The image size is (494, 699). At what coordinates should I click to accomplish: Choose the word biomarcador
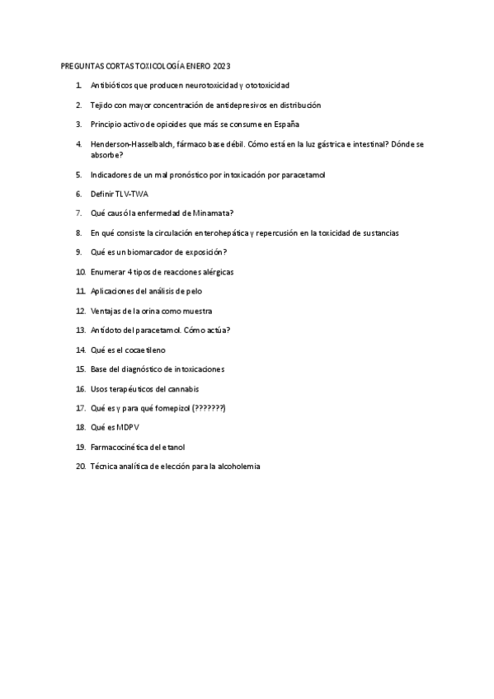click(153, 251)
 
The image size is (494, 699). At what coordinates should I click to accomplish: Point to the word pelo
click(194, 291)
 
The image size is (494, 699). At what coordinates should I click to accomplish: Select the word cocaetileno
click(145, 349)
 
